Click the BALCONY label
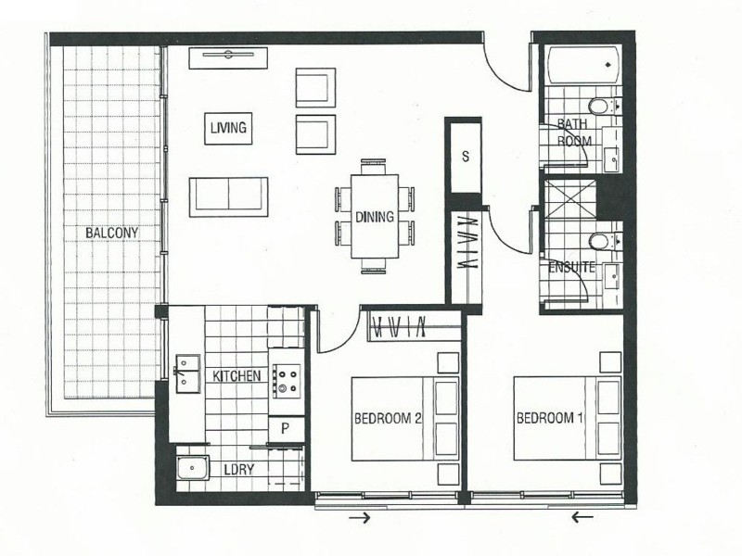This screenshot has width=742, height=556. [111, 234]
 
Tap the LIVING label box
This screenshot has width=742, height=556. [228, 128]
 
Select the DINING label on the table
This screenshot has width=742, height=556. [375, 217]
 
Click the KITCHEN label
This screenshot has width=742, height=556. [237, 376]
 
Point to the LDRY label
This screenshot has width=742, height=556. [239, 470]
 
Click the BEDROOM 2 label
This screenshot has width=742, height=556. [388, 419]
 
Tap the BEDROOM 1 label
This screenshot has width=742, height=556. [549, 418]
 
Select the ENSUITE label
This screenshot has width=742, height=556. [571, 268]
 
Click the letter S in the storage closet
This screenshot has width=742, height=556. [466, 157]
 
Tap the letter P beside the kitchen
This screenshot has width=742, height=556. [285, 429]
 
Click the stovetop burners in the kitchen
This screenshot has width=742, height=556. [286, 381]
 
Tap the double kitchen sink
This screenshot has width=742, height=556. [188, 373]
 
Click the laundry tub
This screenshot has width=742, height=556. [193, 468]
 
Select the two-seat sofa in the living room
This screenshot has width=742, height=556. [228, 197]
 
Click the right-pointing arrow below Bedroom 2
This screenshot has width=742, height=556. [359, 518]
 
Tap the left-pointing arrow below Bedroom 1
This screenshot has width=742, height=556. [582, 517]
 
